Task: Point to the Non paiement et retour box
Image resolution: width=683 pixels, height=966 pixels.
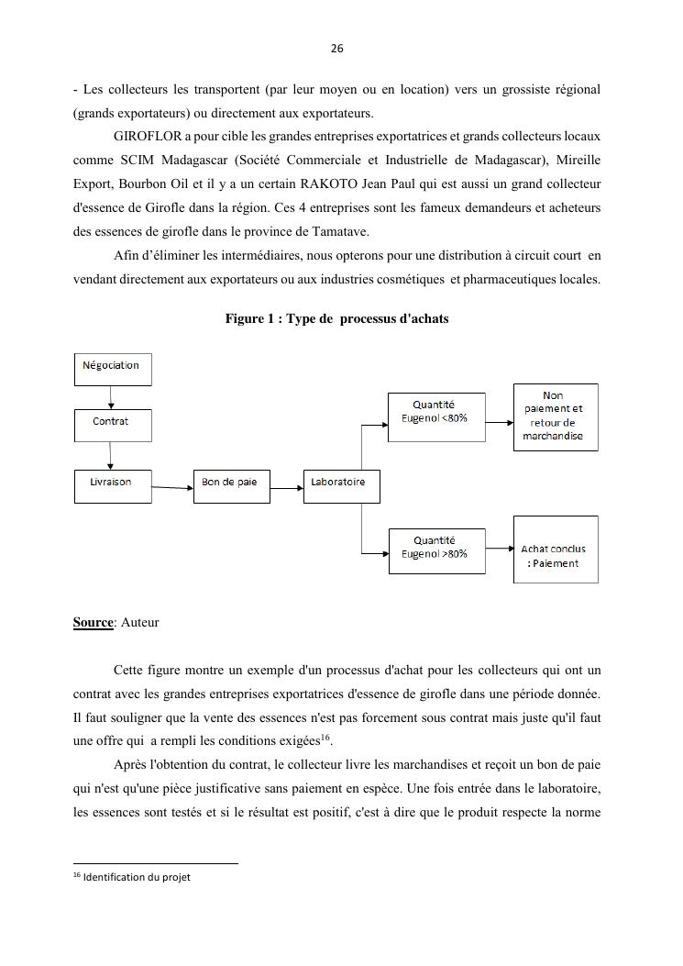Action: click(x=555, y=417)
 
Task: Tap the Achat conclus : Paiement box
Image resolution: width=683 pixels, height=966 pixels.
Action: click(x=555, y=550)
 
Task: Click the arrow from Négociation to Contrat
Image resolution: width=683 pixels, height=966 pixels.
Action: click(x=111, y=397)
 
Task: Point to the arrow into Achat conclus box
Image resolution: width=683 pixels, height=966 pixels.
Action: click(x=499, y=549)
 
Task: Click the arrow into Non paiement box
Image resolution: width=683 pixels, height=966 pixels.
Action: click(x=499, y=423)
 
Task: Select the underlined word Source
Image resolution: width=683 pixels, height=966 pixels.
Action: click(x=93, y=622)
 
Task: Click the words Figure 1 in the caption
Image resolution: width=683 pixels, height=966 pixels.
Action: click(x=251, y=319)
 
